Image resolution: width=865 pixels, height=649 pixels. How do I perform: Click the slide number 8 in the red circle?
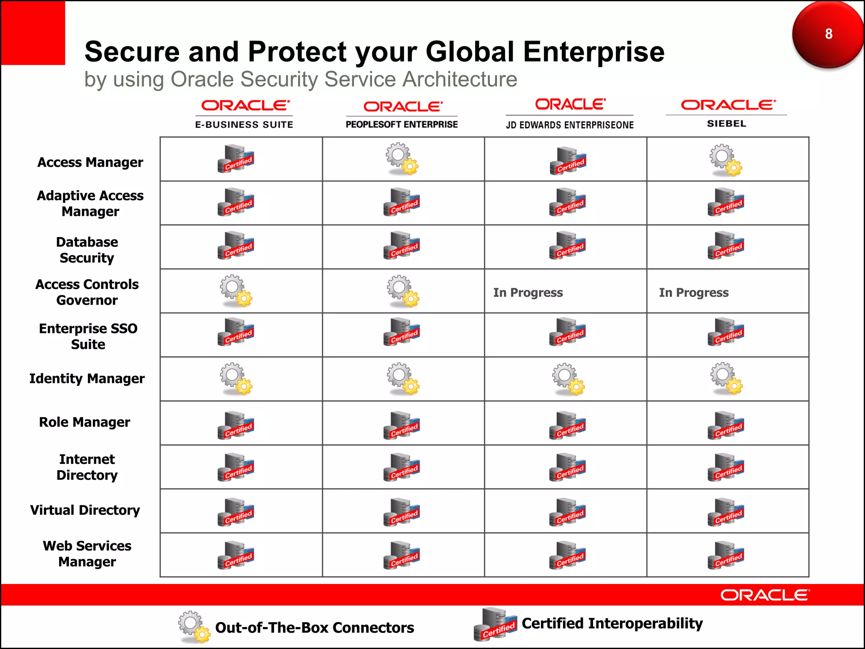click(828, 34)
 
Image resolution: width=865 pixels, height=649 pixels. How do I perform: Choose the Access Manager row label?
click(90, 162)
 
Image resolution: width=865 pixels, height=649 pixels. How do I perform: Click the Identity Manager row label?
click(87, 379)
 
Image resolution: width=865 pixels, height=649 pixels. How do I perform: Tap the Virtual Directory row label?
click(85, 510)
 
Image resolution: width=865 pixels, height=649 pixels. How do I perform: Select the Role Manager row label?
click(84, 422)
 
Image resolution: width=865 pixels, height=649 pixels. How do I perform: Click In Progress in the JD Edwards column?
click(528, 292)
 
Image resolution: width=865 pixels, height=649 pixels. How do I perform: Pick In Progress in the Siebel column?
click(694, 292)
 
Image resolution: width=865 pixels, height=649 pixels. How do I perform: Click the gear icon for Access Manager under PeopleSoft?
click(401, 159)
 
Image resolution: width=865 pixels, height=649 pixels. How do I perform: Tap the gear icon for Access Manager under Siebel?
click(726, 160)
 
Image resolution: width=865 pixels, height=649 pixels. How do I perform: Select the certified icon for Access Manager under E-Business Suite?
click(236, 159)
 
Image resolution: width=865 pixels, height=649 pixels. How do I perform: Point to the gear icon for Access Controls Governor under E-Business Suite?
click(236, 291)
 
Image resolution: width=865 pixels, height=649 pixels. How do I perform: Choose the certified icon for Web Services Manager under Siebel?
click(726, 555)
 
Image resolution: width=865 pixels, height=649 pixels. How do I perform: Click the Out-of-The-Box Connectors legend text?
click(314, 627)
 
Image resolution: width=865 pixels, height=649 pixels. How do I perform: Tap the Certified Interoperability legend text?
click(612, 623)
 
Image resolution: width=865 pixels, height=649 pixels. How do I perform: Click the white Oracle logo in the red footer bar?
click(765, 595)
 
